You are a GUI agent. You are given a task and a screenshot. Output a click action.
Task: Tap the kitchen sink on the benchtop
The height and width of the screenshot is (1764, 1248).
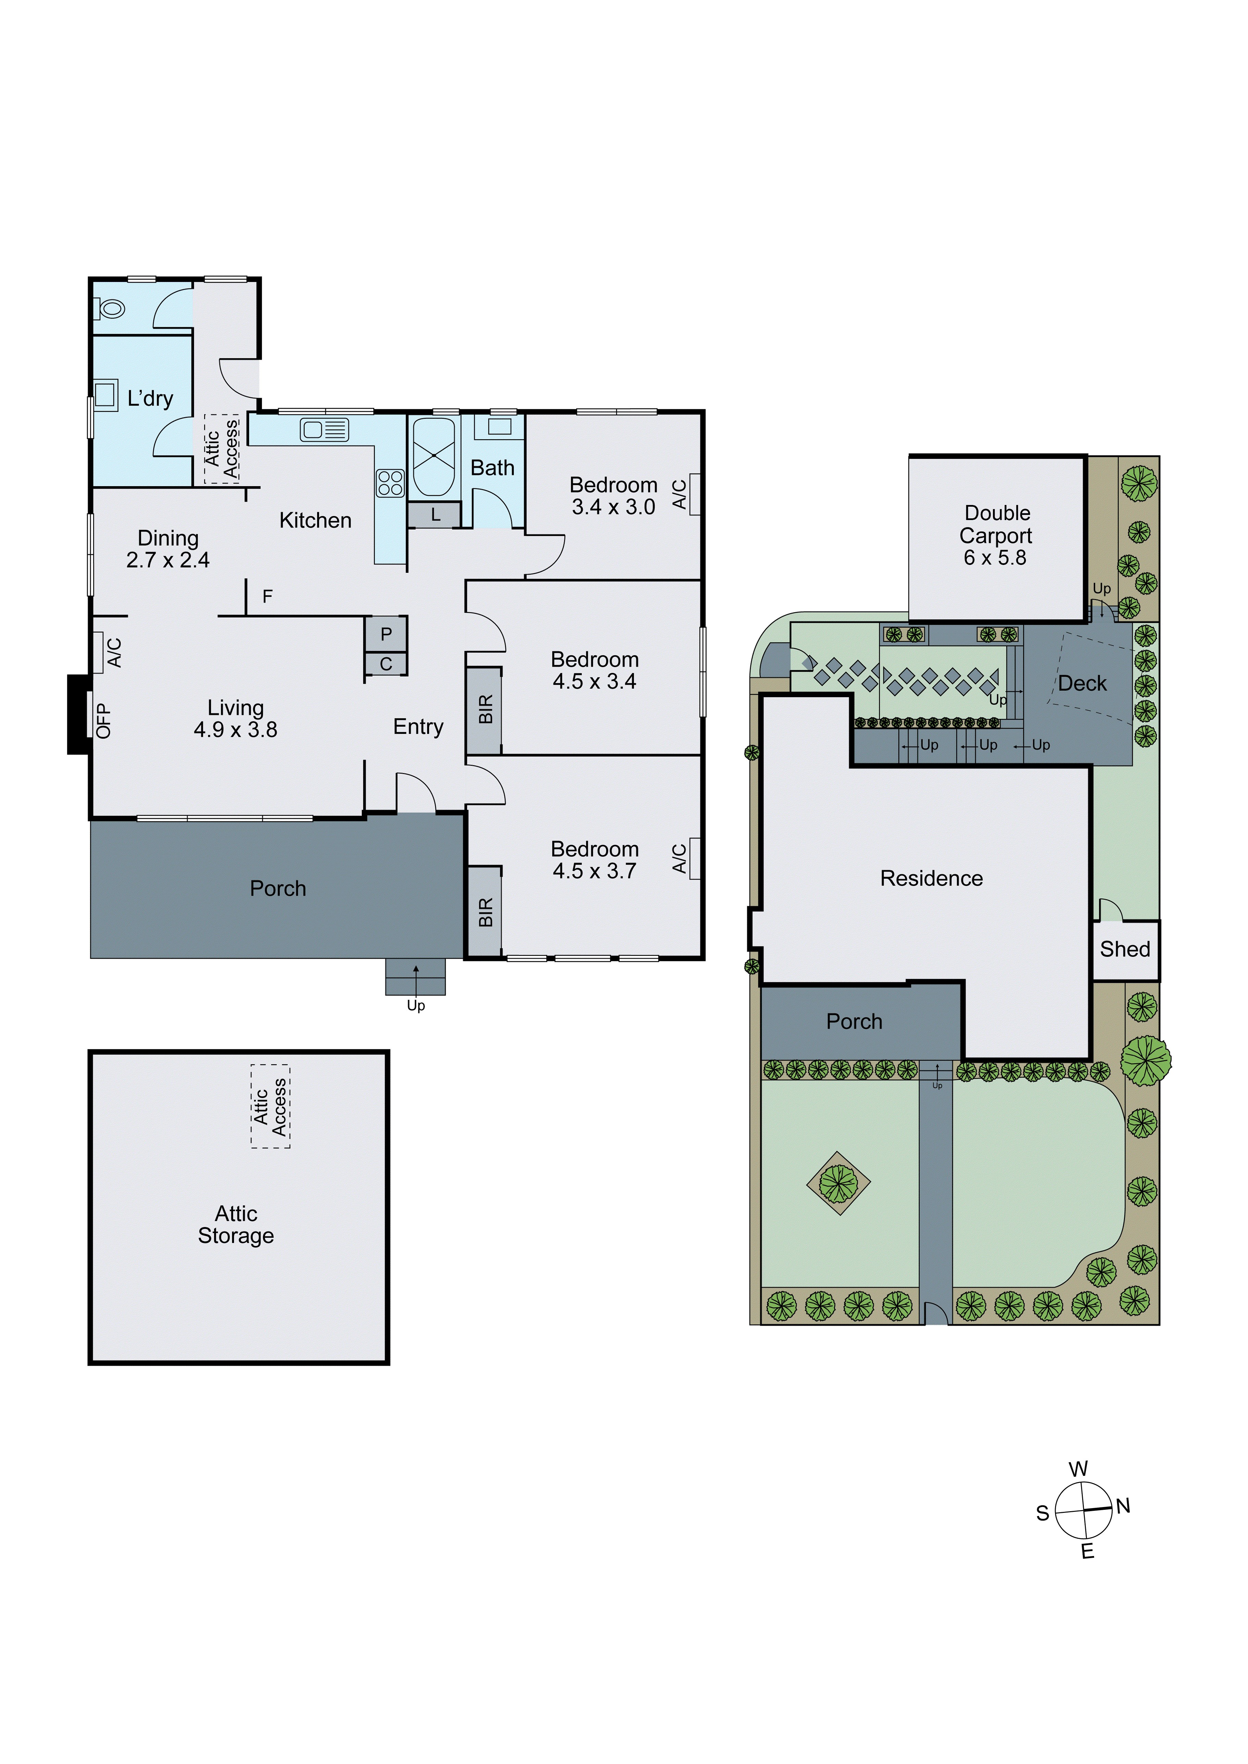click(324, 430)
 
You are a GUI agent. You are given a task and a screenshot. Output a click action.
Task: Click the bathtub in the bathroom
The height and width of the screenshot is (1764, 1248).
click(434, 456)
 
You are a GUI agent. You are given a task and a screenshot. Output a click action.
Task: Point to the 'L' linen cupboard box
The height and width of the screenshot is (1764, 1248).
click(435, 515)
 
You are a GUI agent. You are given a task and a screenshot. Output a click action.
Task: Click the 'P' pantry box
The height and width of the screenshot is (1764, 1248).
click(386, 634)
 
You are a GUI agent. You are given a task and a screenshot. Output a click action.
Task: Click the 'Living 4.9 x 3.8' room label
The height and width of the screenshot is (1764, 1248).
click(235, 718)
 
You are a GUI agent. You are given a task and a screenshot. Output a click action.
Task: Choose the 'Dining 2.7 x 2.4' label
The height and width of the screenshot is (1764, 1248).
click(168, 548)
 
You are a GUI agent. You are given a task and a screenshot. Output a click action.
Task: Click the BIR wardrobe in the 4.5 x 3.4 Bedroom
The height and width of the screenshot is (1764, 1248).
click(484, 710)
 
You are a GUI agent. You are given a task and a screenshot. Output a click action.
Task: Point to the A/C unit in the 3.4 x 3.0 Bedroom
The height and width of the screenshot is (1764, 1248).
click(695, 494)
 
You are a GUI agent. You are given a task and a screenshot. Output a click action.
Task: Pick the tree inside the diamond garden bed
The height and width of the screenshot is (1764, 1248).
click(838, 1183)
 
